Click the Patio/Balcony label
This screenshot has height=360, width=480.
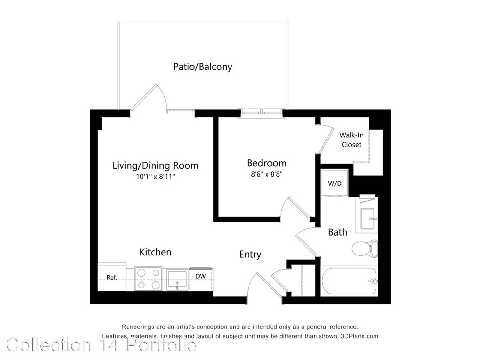pyautogui.click(x=202, y=67)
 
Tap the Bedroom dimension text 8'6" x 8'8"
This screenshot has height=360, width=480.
pyautogui.click(x=267, y=174)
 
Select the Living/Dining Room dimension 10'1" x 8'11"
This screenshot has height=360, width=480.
pyautogui.click(x=155, y=176)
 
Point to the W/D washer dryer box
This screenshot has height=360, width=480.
pyautogui.click(x=334, y=183)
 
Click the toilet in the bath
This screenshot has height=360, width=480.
pyautogui.click(x=365, y=248)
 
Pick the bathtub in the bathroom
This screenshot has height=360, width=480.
pyautogui.click(x=349, y=281)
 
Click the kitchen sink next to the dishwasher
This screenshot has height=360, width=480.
pyautogui.click(x=177, y=280)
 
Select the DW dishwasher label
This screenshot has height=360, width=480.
pyautogui.click(x=200, y=276)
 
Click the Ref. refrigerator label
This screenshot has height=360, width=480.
pyautogui.click(x=112, y=277)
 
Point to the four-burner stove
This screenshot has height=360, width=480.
pyautogui.click(x=148, y=279)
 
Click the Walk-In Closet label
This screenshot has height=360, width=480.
pyautogui.click(x=351, y=140)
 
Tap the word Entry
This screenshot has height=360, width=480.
pyautogui.click(x=250, y=254)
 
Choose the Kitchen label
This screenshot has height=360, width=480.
pyautogui.click(x=155, y=252)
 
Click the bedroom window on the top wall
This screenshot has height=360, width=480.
pyautogui.click(x=262, y=113)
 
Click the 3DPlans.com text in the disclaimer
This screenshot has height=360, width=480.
pyautogui.click(x=359, y=336)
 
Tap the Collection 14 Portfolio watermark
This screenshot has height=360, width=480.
pyautogui.click(x=102, y=345)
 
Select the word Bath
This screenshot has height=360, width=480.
pyautogui.click(x=337, y=232)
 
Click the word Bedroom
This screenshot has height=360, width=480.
pyautogui.click(x=267, y=163)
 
